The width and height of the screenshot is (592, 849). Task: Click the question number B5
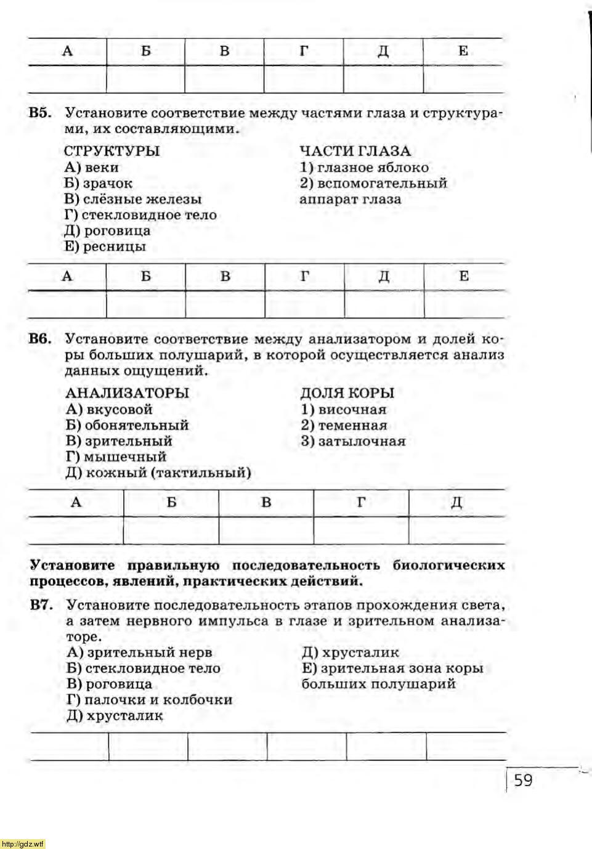pos(40,113)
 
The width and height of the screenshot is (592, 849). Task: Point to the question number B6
pos(40,339)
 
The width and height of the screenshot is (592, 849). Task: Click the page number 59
pos(523,781)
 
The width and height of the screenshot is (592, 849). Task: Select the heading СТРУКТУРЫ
pos(112,151)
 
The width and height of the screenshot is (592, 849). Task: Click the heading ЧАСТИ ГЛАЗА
pos(355,151)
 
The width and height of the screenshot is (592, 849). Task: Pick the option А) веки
pos(92,167)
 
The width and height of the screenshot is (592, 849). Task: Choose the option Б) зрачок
pos(98,183)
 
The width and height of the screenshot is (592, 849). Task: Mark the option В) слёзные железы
pos(132,199)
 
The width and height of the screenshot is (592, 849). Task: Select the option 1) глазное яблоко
pos(364,167)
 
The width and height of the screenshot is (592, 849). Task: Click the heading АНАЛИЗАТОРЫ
pos(127,393)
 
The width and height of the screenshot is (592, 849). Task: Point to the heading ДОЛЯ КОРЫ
pos(347,393)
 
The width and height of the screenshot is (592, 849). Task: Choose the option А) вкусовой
pos(109,409)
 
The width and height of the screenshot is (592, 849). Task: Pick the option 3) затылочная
pos(353,441)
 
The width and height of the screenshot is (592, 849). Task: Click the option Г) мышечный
pos(116,457)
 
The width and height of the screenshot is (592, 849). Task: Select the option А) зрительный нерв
pos(139,652)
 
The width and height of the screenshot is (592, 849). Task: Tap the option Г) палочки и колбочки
pos(150,700)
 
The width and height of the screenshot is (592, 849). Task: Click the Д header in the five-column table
pos(456,503)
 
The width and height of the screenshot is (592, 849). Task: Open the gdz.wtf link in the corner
pos(23,843)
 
